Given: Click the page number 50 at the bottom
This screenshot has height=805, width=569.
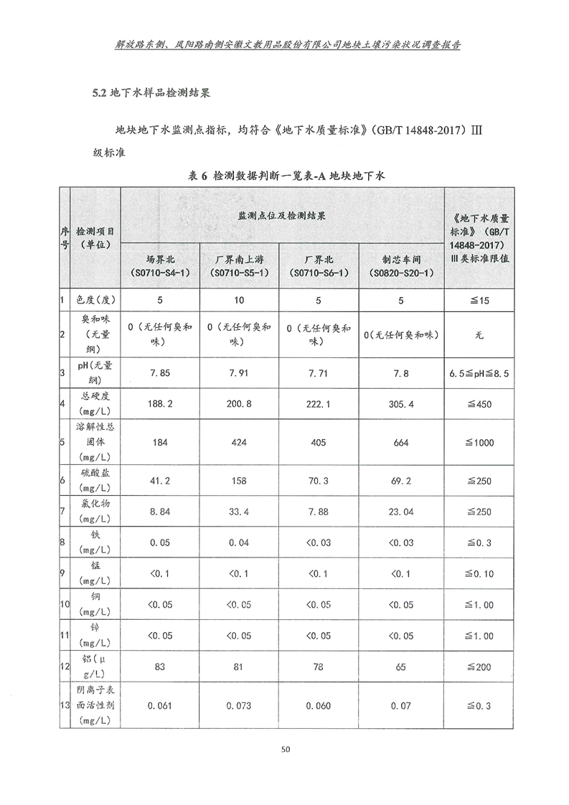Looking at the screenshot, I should tap(285, 750).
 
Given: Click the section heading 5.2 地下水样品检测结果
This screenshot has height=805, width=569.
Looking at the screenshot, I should tap(151, 93).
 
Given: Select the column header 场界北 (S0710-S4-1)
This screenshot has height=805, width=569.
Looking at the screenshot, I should tap(159, 266).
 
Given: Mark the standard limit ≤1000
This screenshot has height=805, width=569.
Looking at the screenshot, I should tap(479, 443).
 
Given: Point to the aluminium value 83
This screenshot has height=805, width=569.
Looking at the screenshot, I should tap(159, 667).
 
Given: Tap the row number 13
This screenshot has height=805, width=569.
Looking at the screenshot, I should tap(65, 706).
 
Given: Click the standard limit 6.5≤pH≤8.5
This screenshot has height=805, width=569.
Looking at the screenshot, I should tap(479, 373).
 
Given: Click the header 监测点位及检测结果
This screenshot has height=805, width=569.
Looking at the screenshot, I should tap(282, 215).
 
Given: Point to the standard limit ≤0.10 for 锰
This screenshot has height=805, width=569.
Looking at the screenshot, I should tap(479, 574).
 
